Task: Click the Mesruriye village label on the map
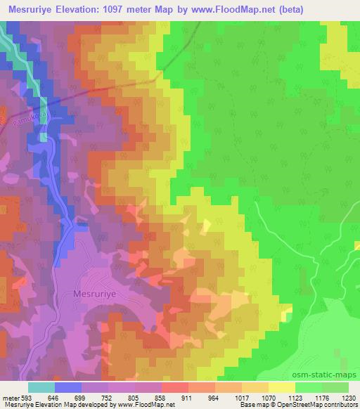(96, 295)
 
